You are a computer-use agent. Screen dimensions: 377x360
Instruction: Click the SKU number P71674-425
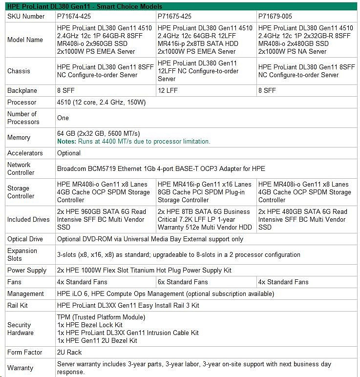coord(74,16)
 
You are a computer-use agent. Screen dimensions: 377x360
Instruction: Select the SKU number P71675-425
coord(175,16)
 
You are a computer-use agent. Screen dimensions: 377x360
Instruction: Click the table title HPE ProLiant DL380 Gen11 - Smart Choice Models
coord(85,6)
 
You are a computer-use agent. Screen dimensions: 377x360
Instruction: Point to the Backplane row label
coord(22,90)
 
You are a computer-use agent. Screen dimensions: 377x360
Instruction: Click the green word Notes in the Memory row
coord(66,142)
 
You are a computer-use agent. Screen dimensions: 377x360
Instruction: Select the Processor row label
coord(22,103)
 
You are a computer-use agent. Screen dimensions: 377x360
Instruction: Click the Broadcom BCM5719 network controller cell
coord(161,168)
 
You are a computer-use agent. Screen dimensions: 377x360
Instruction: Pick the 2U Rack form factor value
coord(69,352)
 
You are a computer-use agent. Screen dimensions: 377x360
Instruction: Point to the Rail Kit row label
coord(20,305)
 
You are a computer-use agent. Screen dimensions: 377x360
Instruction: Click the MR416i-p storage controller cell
coord(205,192)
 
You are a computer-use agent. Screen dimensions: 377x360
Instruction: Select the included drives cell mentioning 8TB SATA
coord(205,219)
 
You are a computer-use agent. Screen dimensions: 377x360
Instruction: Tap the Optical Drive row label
coord(25,239)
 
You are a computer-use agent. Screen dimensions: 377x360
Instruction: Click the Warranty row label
coord(21,368)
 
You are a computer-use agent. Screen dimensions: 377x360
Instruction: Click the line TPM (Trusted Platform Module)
coord(101,317)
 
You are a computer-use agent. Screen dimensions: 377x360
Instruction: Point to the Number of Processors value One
coord(63,118)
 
